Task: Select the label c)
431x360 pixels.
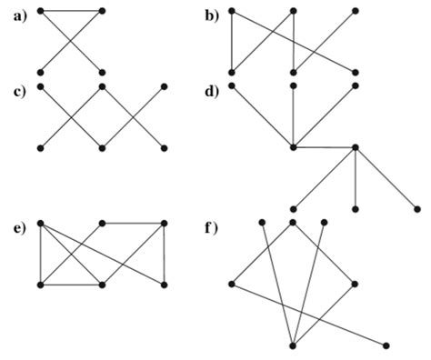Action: [x=14, y=88]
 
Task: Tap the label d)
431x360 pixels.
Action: [x=211, y=88]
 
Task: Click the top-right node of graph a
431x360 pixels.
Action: [x=102, y=11]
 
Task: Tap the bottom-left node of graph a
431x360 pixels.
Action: [x=41, y=71]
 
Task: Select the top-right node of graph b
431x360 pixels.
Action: [x=355, y=11]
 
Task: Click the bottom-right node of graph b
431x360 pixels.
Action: [x=355, y=71]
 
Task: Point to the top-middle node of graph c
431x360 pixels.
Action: [x=103, y=86]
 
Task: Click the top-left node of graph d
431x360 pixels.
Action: [x=232, y=86]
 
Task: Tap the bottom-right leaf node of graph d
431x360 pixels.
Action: [x=416, y=208]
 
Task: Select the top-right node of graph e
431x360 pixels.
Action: [x=165, y=223]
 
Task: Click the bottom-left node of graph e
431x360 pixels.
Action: [x=41, y=285]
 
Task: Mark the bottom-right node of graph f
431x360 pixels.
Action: [x=386, y=345]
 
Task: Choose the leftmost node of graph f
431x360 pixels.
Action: [x=232, y=285]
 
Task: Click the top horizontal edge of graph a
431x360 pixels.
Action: [x=71, y=11]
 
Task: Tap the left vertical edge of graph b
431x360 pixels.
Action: [x=232, y=41]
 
